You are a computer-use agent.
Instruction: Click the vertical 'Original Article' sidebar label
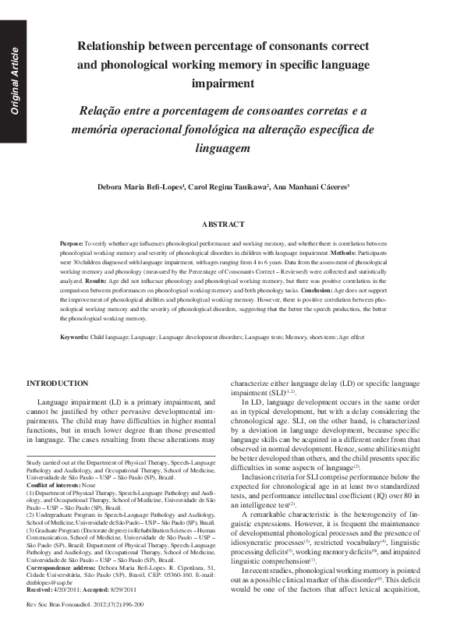tap(13, 82)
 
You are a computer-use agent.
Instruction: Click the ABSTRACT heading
tap(224, 225)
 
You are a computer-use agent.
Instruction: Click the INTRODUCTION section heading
tap(58, 384)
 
